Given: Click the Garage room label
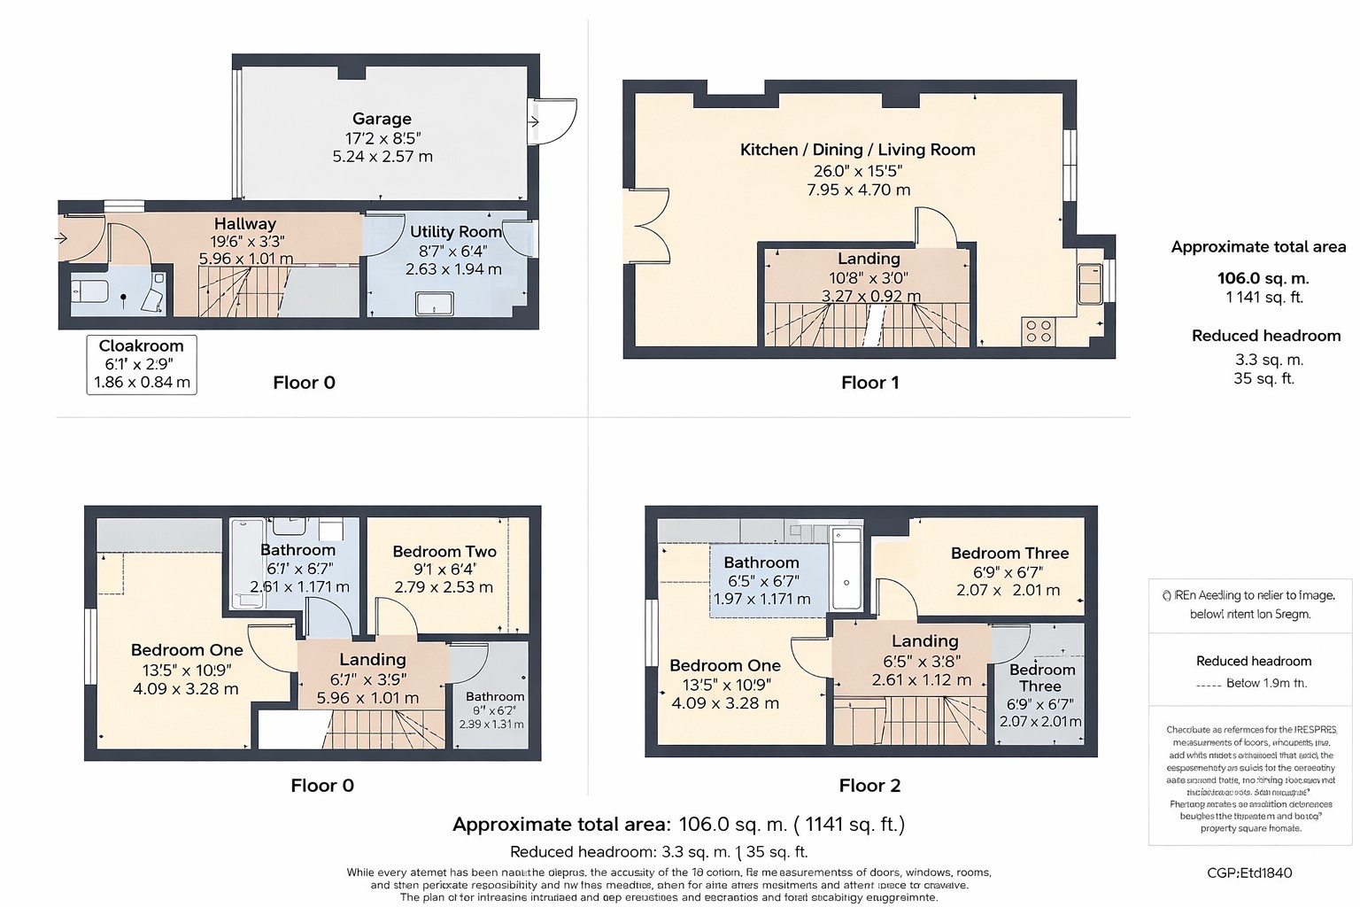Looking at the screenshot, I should (382, 119).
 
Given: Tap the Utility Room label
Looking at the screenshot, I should (455, 232).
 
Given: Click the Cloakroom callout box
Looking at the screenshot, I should (142, 364).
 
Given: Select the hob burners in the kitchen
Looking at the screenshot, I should (1038, 331).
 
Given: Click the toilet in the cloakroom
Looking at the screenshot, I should (89, 291).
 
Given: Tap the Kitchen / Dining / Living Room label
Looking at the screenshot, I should (857, 150).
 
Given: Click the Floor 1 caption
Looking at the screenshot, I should (869, 383).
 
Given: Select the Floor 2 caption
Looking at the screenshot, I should (869, 786).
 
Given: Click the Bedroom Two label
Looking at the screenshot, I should (444, 551).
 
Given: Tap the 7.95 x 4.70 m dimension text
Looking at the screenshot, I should (858, 190).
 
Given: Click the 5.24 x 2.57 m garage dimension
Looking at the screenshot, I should (382, 157).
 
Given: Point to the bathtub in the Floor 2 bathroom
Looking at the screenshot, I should (846, 569).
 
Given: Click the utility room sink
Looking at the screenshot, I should (434, 305).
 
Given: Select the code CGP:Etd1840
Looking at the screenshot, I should (1249, 872).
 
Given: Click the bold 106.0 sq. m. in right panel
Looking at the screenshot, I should (1263, 278).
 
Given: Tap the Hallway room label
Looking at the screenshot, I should (245, 224).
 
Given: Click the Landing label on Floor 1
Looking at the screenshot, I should (869, 259).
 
